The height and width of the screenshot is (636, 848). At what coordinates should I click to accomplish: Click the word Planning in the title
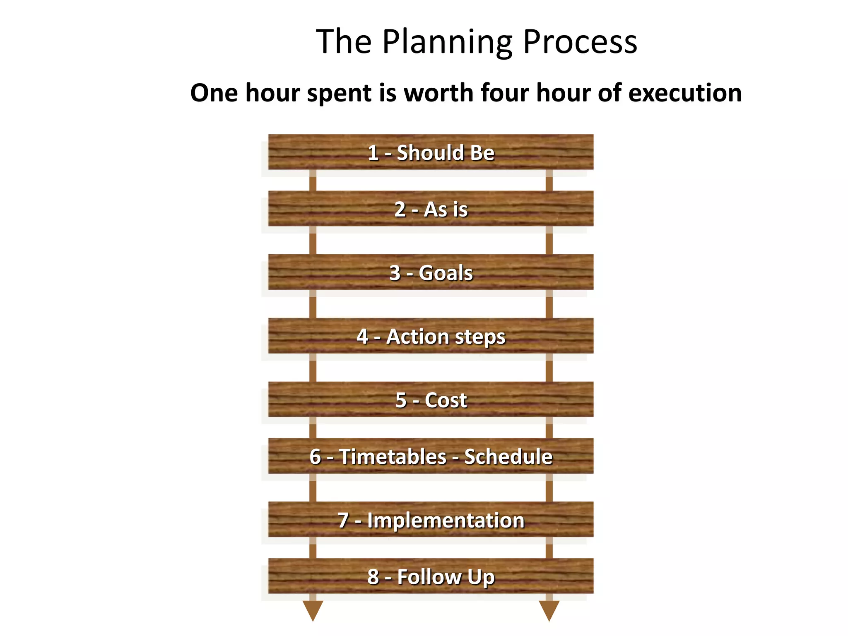coord(447,42)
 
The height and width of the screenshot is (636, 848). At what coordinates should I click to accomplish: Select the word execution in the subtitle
coord(685,93)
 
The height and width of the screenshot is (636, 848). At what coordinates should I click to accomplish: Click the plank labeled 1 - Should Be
coord(431,152)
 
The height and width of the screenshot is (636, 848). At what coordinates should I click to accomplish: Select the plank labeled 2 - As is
coord(431,209)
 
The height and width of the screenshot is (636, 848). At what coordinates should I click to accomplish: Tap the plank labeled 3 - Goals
coord(431,272)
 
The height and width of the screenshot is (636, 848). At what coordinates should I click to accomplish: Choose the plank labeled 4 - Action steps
coord(431,336)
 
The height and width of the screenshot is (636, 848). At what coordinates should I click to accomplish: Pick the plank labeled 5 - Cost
coord(431,400)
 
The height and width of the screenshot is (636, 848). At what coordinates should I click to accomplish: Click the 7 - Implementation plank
coord(431,520)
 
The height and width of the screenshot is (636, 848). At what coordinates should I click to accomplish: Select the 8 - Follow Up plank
coord(431,576)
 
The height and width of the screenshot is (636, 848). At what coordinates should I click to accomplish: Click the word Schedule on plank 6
coord(508,456)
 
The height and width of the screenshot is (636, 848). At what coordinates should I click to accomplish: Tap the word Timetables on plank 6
coord(393,456)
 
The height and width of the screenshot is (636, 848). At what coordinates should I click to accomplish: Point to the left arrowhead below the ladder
coord(313,610)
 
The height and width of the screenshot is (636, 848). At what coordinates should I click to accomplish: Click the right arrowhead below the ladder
coord(549,610)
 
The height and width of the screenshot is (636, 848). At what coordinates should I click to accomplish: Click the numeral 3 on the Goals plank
coord(395,273)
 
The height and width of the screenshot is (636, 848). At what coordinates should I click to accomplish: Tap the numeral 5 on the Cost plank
coord(401,400)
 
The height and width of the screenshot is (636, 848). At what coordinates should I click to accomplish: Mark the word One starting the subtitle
coord(214,93)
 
